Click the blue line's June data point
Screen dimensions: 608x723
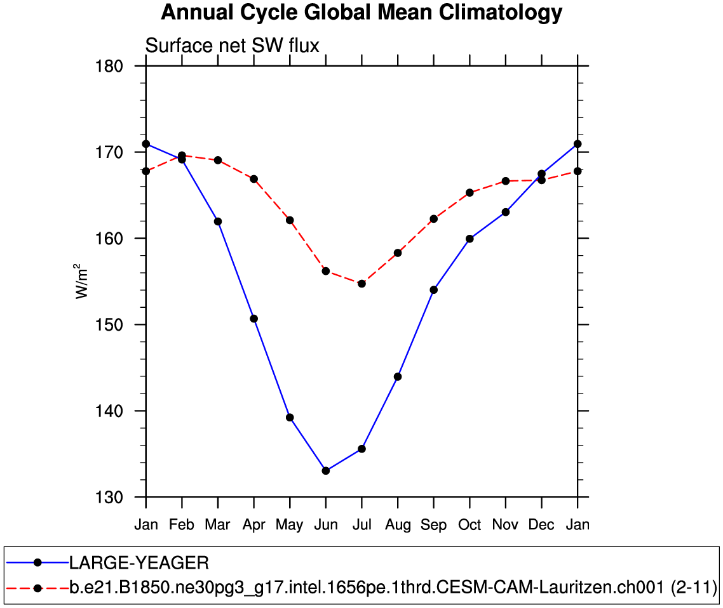[x=326, y=470]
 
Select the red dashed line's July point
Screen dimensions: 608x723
[x=361, y=284]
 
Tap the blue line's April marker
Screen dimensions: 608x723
[x=254, y=319]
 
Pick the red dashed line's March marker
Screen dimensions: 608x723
[x=218, y=160]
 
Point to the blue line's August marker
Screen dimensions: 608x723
[x=398, y=376]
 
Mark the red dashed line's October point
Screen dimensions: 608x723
[x=470, y=192]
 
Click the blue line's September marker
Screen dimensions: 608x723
[x=434, y=289]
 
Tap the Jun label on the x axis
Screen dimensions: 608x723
[x=326, y=525]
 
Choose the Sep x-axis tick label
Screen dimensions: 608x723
[x=434, y=525]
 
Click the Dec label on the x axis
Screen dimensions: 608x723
[x=541, y=525]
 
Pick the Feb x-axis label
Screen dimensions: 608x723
[x=182, y=525]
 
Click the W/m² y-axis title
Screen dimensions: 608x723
[x=83, y=281]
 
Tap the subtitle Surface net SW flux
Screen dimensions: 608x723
[x=232, y=46]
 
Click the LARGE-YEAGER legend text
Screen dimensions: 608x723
[x=139, y=563]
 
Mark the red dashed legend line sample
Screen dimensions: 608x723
[x=37, y=588]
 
